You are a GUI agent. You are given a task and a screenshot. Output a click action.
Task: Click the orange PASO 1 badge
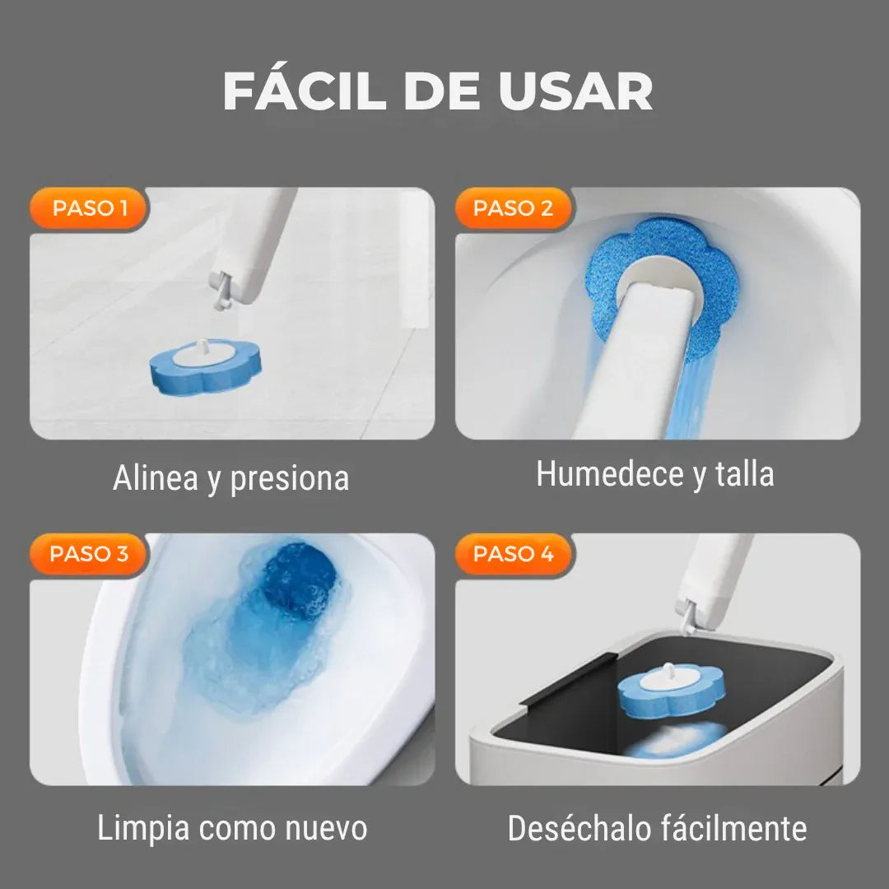(90, 208)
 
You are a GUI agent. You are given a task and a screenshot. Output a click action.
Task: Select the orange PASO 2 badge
(513, 208)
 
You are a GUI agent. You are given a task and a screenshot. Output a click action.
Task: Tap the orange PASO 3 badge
(89, 554)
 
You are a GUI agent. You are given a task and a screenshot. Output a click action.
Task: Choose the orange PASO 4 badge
(513, 554)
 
